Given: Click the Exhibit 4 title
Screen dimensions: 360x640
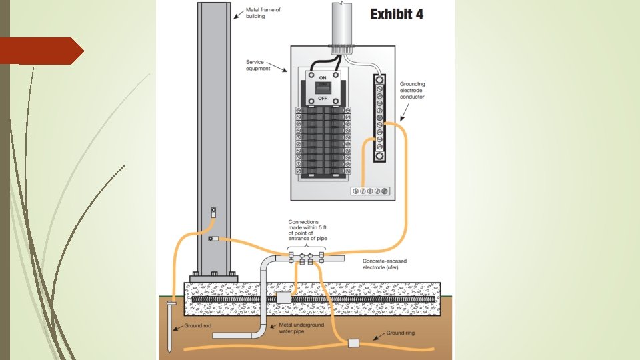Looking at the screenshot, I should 397,13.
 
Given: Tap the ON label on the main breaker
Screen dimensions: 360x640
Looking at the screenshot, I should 322,77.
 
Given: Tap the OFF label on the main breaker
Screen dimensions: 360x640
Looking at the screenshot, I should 322,98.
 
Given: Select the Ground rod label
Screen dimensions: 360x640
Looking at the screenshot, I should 198,325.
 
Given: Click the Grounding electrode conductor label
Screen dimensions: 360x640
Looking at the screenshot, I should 412,91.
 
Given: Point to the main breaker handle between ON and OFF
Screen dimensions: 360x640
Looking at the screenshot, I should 322,87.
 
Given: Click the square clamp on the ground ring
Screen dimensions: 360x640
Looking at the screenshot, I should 353,343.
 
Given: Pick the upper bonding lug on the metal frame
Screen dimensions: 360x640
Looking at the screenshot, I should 213,211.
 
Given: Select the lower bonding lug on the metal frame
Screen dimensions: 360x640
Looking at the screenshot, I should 212,239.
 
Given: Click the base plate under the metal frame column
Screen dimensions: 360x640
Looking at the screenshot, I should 213,274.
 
